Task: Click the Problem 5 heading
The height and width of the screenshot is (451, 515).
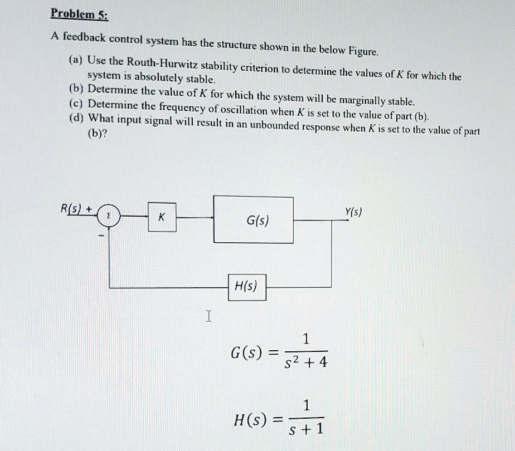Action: click(79, 13)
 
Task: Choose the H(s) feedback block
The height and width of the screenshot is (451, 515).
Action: click(246, 287)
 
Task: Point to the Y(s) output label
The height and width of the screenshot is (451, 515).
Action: click(353, 212)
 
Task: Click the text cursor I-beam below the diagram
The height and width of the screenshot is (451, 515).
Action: click(208, 317)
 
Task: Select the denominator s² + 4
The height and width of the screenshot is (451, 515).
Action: click(306, 362)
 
